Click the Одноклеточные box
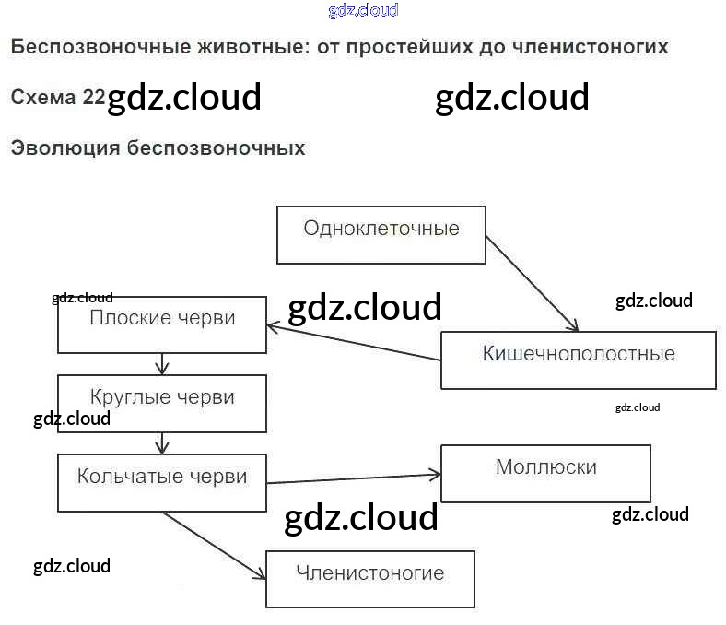[x=381, y=234]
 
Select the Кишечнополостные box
[x=578, y=360]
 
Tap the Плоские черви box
[x=162, y=324]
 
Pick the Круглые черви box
[x=162, y=404]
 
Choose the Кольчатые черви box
[x=162, y=483]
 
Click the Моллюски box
[x=545, y=473]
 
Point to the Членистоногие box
[x=369, y=579]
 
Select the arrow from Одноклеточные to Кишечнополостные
[x=532, y=283]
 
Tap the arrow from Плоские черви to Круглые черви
[x=162, y=363]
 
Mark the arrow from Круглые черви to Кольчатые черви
[x=162, y=443]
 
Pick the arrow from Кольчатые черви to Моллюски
[x=354, y=478]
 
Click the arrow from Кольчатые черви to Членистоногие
[x=214, y=545]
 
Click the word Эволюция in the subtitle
[x=64, y=147]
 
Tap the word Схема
[x=46, y=97]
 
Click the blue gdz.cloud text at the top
[x=363, y=11]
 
